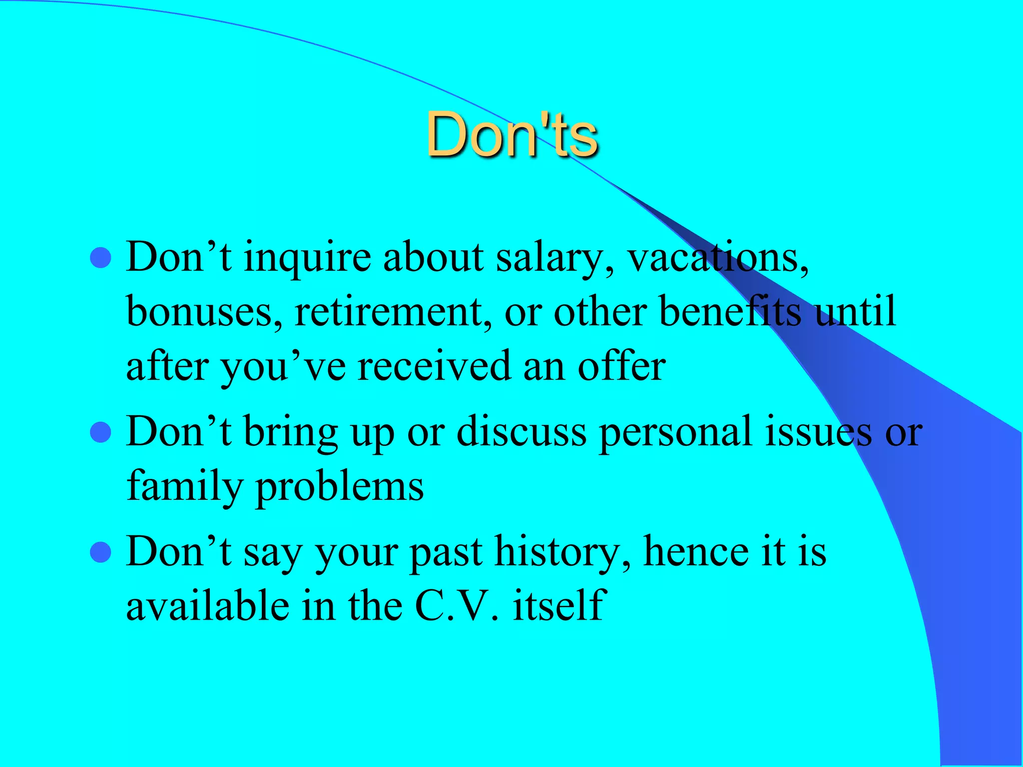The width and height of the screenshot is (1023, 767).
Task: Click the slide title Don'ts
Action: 511,135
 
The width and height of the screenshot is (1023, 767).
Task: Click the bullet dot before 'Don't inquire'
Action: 101,258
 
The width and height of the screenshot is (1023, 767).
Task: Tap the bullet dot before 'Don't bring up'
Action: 101,432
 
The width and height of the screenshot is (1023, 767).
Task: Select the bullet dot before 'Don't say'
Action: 101,552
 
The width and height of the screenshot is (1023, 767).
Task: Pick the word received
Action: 434,367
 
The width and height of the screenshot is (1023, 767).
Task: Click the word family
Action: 184,486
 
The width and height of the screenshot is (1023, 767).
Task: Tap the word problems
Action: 340,487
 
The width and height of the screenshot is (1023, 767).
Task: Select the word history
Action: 562,552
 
